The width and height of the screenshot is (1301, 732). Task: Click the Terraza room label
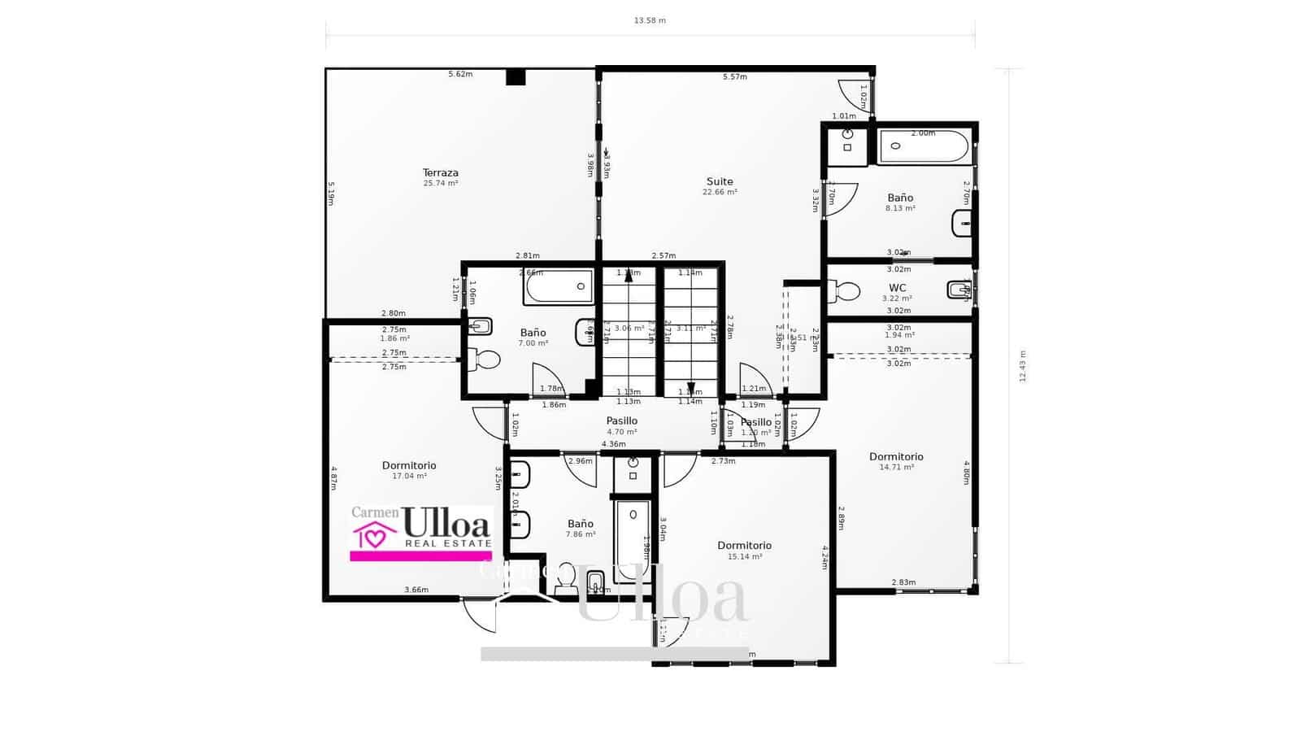point(440,172)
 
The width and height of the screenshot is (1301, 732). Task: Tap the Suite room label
point(719,182)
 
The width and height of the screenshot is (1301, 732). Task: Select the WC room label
point(897,288)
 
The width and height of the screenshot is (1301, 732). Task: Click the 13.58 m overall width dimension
point(650,20)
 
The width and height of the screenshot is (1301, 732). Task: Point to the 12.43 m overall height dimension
point(1023,366)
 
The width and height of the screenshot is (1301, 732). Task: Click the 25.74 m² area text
point(440,184)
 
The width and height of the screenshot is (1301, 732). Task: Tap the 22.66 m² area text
point(720,193)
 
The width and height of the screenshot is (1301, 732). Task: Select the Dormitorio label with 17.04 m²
point(409,466)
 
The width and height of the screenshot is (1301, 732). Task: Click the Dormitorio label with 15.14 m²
point(744,546)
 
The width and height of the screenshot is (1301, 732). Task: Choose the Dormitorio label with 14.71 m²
point(896,457)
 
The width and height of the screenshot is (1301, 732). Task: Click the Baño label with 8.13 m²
point(900,198)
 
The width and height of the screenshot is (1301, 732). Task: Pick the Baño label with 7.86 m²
point(581,524)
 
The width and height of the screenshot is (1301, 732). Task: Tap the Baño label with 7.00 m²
point(533,333)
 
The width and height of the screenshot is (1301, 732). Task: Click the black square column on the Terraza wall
point(516,77)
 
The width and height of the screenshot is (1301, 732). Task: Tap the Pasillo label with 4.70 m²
point(621,421)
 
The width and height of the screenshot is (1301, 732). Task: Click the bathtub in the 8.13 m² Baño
point(924,147)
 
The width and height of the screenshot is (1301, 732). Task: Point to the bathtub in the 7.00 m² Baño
point(559,287)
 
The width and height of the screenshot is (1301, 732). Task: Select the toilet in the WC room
point(846,290)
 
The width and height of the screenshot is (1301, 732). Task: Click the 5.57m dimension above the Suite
point(734,77)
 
